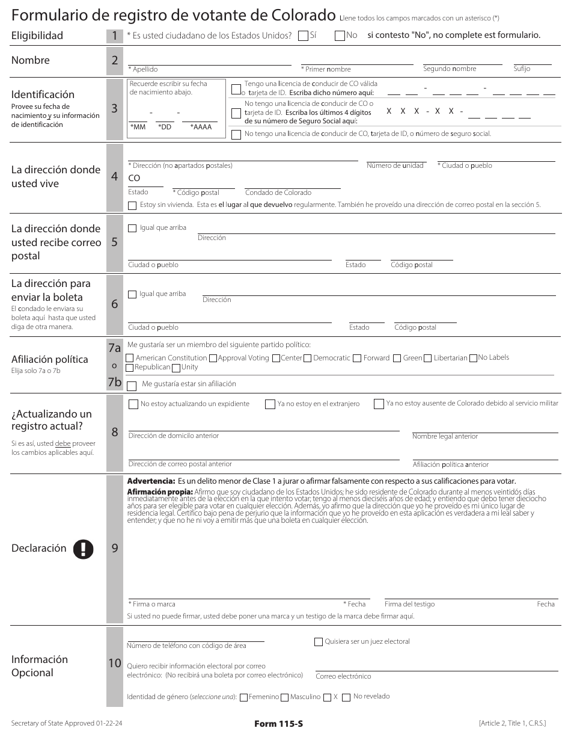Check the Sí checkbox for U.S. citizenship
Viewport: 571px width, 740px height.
(x=304, y=35)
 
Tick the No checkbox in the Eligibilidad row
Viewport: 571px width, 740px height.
(x=340, y=35)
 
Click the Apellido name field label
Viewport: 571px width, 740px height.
(x=145, y=69)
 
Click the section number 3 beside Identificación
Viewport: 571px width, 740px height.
(x=114, y=109)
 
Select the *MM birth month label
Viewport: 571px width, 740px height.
(x=138, y=127)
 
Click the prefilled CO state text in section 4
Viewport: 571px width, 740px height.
(x=134, y=178)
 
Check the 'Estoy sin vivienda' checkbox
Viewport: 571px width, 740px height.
(x=132, y=205)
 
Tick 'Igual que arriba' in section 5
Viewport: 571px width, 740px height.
(x=132, y=228)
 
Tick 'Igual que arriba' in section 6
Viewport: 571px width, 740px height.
(x=132, y=294)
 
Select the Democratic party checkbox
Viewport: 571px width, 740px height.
(x=308, y=359)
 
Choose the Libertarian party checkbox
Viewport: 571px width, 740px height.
(x=429, y=359)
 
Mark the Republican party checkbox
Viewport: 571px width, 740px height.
(x=130, y=368)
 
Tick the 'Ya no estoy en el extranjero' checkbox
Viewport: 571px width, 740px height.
(x=270, y=404)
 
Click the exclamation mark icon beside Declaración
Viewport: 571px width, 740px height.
(x=84, y=549)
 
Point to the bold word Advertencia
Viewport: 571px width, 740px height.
(x=151, y=481)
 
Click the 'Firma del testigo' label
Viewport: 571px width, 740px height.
(x=409, y=604)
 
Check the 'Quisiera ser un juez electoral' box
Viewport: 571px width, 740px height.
(x=319, y=642)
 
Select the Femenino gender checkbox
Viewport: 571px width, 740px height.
(x=244, y=697)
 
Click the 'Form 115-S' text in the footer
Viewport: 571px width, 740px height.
(x=278, y=724)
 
